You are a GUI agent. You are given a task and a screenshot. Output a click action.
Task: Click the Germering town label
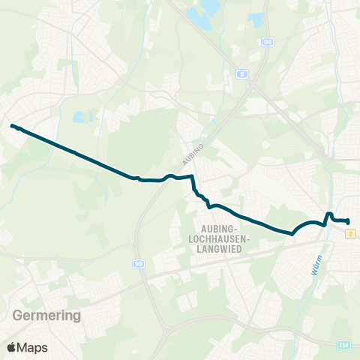[x=46, y=316]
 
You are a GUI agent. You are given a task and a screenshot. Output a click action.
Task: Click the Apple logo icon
[x=11, y=347]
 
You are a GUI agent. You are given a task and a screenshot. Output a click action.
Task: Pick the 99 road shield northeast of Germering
[x=138, y=263]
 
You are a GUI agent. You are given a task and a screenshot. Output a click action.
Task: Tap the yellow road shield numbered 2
[x=349, y=234]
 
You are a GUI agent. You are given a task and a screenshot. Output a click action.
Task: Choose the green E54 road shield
[x=343, y=343]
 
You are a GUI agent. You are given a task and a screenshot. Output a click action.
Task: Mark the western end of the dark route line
[x=13, y=126]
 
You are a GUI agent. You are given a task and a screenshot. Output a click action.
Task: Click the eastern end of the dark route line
[x=348, y=220]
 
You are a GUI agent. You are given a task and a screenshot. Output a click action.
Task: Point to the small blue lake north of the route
[x=79, y=117]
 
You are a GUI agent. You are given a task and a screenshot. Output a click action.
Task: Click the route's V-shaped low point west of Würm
[x=292, y=234]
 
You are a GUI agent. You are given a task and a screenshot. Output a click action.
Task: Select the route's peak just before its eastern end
[x=328, y=214]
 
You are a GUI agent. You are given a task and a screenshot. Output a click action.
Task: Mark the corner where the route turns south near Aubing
[x=193, y=177]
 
